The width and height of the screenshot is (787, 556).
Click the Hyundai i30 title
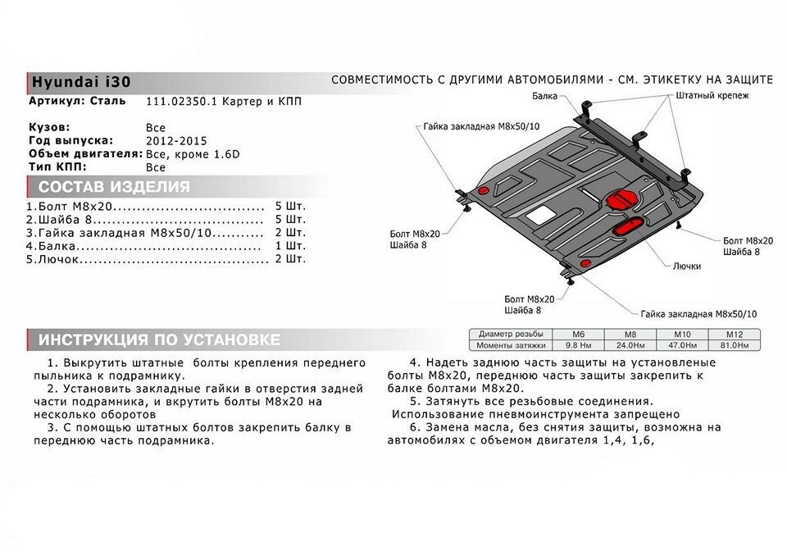coord(80,82)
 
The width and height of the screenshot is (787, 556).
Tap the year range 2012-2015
coord(172,141)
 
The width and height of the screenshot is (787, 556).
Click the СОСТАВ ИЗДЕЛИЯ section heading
coord(114,186)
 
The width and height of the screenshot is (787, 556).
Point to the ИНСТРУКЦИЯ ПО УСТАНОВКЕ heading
coord(160,340)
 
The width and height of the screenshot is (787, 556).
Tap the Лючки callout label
coord(685,266)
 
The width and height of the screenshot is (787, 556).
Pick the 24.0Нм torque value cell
coord(630,345)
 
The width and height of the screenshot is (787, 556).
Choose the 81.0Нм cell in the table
coord(733,345)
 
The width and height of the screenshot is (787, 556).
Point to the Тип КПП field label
coord(56,166)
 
